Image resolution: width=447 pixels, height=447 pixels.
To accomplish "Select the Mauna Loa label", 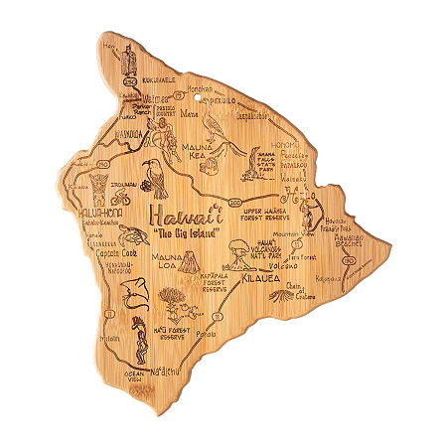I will point(169,263).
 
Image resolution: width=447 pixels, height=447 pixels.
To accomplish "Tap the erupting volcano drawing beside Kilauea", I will point(241,257).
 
